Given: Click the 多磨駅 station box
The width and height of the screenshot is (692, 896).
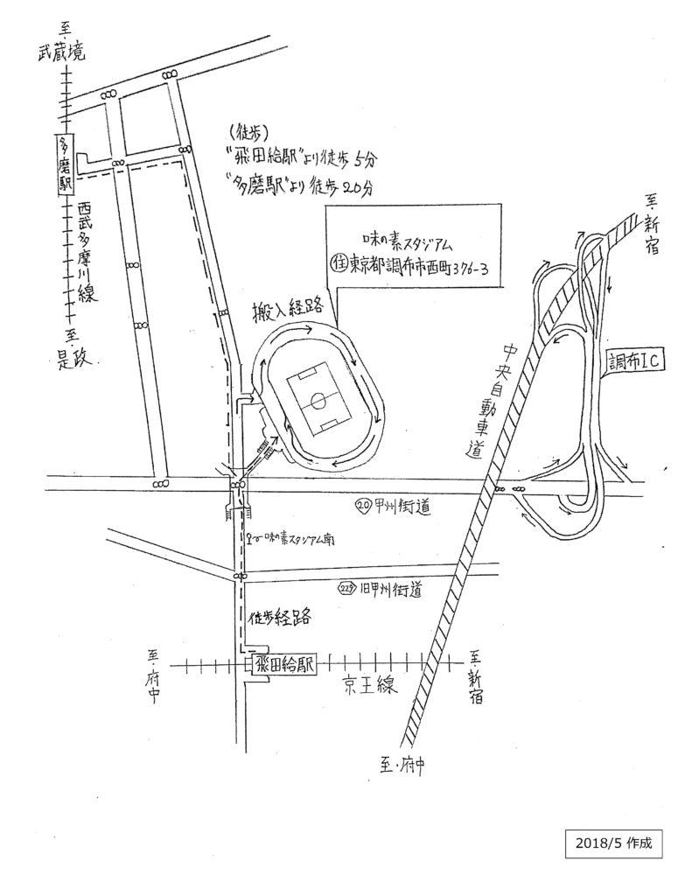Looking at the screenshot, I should pos(64,165).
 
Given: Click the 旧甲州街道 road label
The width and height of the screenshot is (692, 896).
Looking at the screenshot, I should pos(389,591).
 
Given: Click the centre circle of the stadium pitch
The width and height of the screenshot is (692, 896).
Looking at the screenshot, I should pos(318,403).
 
